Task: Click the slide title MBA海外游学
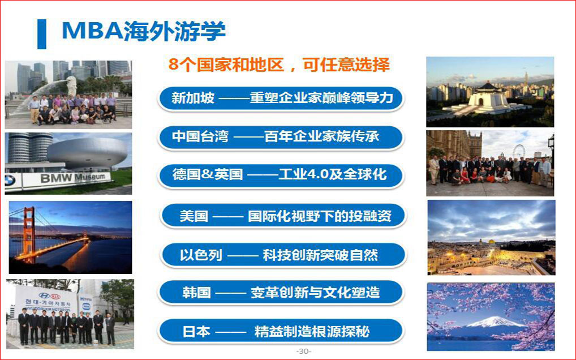click(144, 31)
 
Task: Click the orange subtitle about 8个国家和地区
click(279, 65)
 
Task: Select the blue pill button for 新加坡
click(281, 98)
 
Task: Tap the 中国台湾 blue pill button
click(281, 137)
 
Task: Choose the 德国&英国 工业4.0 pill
click(281, 175)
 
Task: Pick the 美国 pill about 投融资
click(283, 216)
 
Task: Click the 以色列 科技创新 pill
click(283, 255)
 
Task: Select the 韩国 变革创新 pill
click(281, 293)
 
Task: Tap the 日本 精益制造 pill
click(281, 331)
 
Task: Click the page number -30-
click(304, 351)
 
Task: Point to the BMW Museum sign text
click(73, 178)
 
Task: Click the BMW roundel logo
click(10, 181)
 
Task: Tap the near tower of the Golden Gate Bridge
click(28, 235)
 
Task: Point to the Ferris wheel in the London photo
click(519, 151)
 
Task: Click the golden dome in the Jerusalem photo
click(491, 242)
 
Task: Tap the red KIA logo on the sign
click(55, 295)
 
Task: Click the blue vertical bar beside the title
click(42, 34)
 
